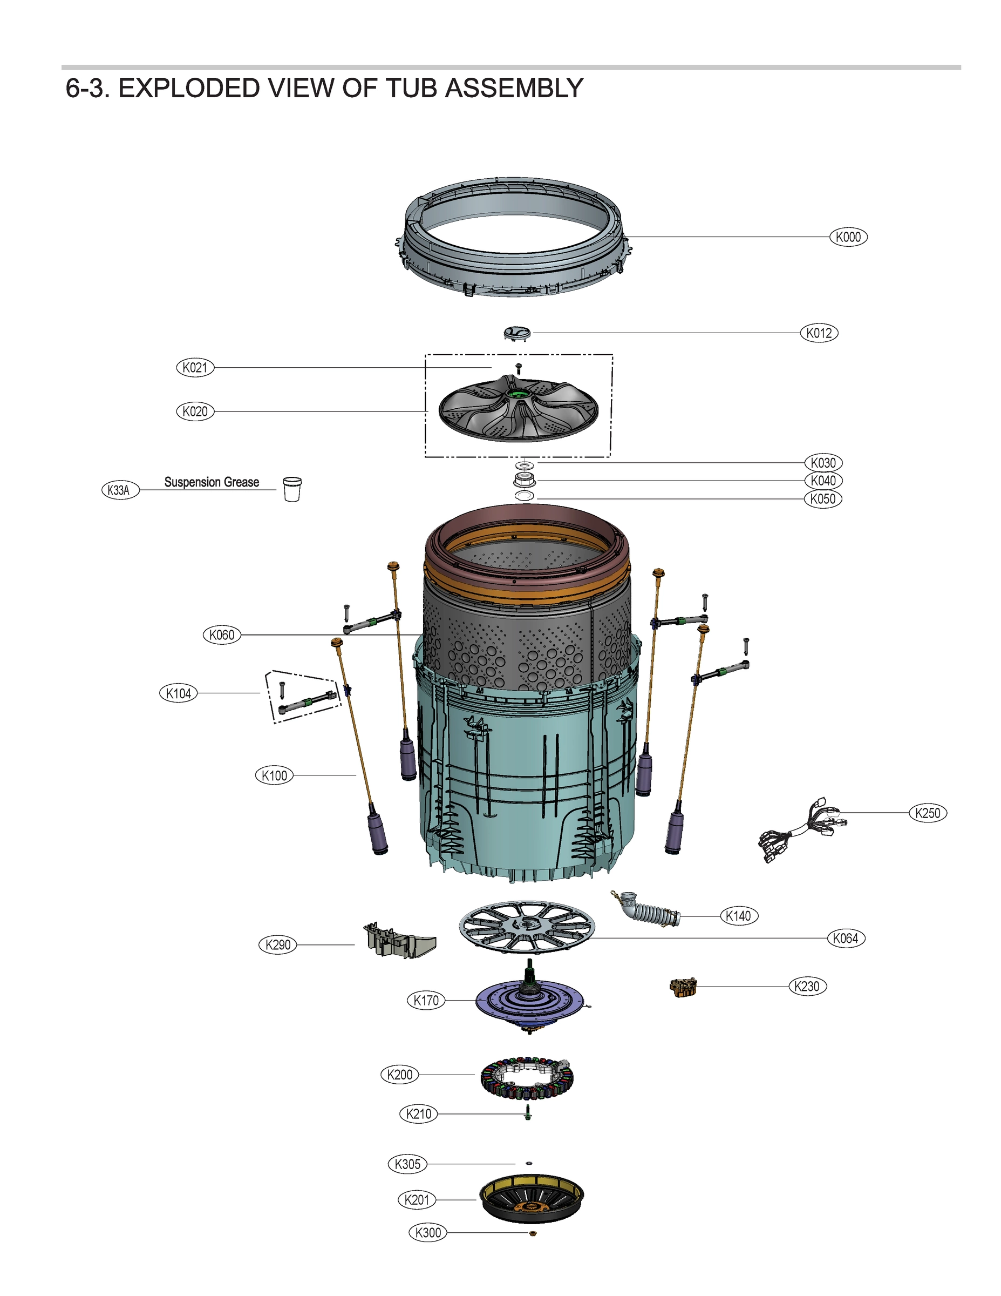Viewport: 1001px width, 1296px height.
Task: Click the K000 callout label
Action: click(848, 237)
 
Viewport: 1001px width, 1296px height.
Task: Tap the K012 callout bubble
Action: click(819, 333)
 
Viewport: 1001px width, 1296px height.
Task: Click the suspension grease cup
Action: click(292, 489)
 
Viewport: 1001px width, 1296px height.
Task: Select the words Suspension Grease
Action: click(211, 482)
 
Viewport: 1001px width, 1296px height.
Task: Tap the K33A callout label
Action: click(120, 490)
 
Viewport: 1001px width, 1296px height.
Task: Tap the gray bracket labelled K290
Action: click(397, 941)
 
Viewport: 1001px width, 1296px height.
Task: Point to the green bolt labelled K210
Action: click(528, 1113)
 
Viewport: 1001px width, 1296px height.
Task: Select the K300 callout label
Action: click(427, 1232)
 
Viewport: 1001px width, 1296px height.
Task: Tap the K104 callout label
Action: click(178, 693)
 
